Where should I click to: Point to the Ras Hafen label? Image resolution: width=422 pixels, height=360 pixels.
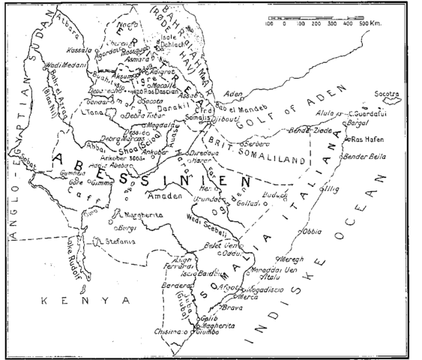pos(367,139)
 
